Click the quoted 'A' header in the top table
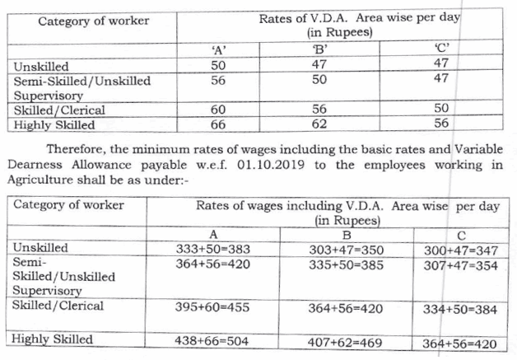(x=219, y=49)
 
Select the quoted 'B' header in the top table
(x=321, y=49)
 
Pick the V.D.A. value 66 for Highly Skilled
(x=218, y=124)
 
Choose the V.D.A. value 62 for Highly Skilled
(x=321, y=124)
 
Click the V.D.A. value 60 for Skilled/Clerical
(x=218, y=110)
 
